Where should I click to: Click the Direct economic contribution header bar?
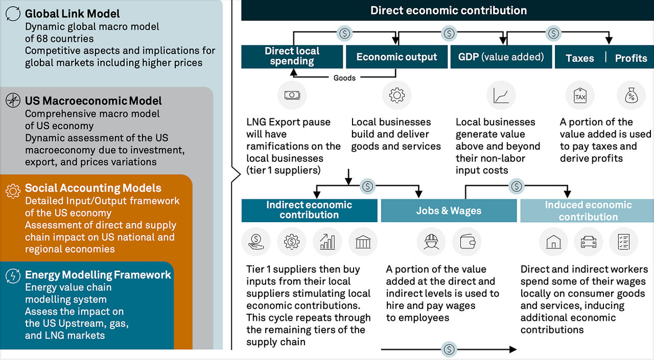pos(448,10)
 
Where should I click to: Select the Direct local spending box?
pos(292,57)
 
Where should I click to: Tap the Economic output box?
pos(396,57)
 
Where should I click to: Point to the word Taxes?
pos(580,58)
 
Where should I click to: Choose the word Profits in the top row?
pos(631,58)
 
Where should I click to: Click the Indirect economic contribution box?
pos(309,210)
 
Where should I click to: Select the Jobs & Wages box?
pos(449,210)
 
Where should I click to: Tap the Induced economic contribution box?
pos(588,210)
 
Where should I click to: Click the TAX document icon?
pos(580,95)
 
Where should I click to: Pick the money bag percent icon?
pos(632,95)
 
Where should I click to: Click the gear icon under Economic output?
pos(397,95)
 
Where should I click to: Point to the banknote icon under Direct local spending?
pos(292,95)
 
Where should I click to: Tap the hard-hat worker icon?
pos(431,242)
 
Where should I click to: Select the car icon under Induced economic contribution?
pos(589,242)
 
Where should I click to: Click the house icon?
pos(553,242)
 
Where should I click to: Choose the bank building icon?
pos(363,242)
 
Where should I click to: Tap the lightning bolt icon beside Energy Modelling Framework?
pos(13,276)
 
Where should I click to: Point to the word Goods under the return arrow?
pos(344,78)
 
